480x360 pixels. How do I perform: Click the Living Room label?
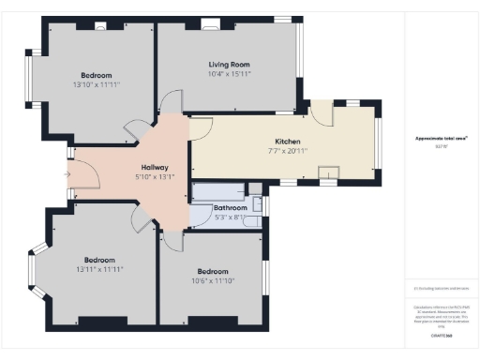(x=229, y=64)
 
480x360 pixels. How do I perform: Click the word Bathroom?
(x=230, y=207)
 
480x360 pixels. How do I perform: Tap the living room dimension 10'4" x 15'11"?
(x=229, y=73)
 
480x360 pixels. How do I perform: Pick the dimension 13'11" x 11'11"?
(x=100, y=269)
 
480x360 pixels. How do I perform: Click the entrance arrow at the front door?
(x=67, y=173)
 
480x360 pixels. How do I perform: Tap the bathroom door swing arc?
(x=200, y=217)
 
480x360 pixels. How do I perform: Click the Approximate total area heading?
(x=442, y=138)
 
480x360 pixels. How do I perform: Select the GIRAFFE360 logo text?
(x=442, y=335)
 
